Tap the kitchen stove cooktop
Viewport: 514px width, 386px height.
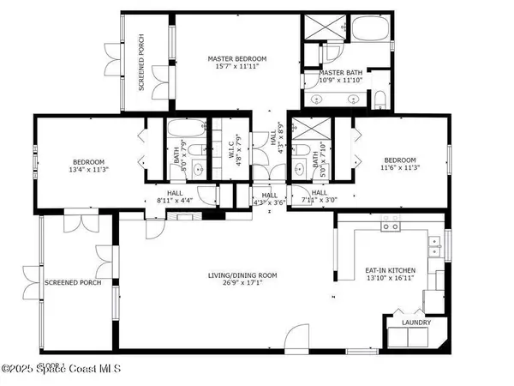point(391,226)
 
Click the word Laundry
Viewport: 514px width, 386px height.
point(417,323)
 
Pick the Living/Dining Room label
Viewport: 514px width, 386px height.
point(243,275)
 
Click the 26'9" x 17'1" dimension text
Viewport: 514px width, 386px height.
point(243,283)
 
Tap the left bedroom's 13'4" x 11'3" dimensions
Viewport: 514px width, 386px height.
point(88,170)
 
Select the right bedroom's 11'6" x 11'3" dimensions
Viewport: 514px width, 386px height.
point(400,168)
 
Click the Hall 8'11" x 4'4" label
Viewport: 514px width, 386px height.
point(175,200)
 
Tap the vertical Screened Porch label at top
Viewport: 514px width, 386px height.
point(141,72)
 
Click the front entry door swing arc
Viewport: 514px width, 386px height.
point(296,336)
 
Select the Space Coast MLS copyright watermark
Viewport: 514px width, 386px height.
point(60,370)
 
